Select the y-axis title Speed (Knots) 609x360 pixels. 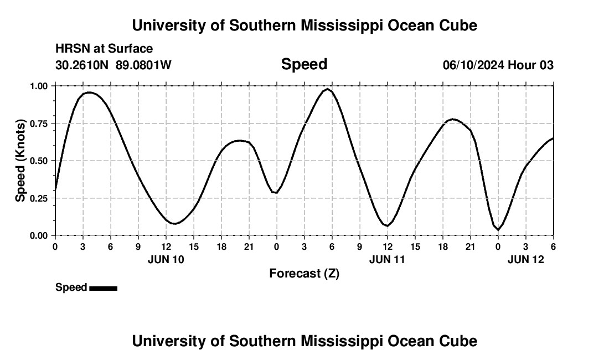(20, 161)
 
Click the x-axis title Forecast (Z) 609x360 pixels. (304, 273)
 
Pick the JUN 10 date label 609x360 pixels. (166, 259)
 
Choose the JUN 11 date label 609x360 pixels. (388, 259)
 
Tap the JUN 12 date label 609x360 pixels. (526, 259)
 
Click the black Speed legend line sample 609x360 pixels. (103, 288)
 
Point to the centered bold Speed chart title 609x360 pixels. (304, 64)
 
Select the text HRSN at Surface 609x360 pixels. (104, 49)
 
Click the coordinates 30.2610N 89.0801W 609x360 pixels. (113, 65)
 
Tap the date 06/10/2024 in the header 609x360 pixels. (473, 65)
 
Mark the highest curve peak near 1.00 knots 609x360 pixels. (328, 89)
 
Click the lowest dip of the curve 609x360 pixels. (498, 230)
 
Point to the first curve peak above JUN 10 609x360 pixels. (89, 92)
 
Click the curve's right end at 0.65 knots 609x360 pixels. (553, 138)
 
